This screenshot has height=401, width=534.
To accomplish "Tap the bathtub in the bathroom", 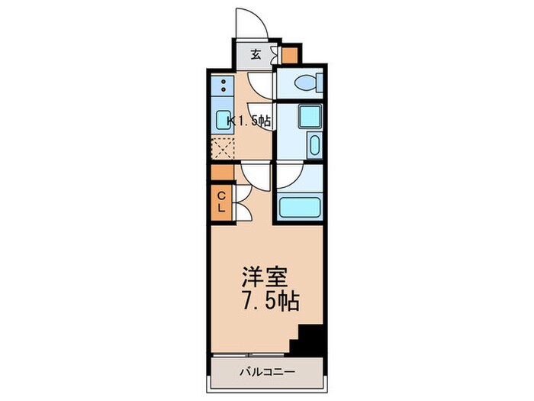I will (299, 208).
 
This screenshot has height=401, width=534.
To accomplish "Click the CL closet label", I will (220, 201).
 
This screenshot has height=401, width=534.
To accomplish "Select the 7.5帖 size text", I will (267, 299).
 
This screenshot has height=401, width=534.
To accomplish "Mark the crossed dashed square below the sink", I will (224, 146).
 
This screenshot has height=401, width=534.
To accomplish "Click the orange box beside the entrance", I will (290, 55).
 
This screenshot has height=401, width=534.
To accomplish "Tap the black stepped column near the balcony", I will (309, 339).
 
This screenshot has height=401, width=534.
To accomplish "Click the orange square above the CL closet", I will (220, 172).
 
